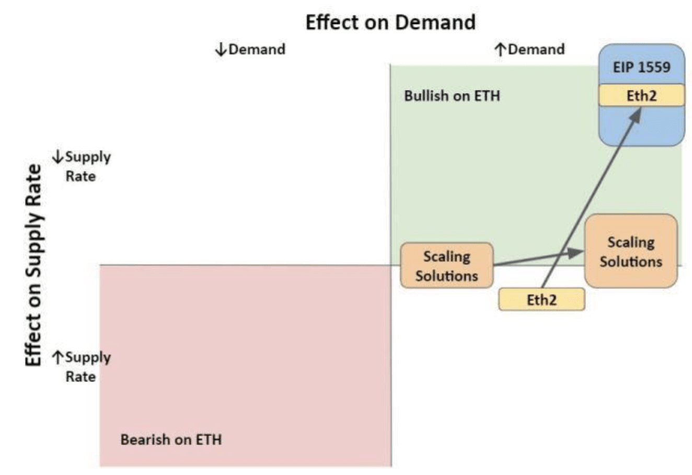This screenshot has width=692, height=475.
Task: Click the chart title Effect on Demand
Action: pos(390,22)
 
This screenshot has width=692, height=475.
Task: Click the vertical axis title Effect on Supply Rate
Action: pos(33,265)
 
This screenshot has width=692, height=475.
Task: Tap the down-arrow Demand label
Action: pos(250,50)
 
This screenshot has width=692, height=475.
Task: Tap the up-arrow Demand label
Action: pos(530,50)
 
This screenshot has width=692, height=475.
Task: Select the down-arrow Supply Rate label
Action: pos(82,166)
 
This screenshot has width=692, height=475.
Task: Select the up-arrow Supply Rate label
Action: pos(82,367)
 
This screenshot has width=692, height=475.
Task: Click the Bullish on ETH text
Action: pos(452,96)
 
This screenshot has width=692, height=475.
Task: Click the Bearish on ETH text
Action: pos(171,439)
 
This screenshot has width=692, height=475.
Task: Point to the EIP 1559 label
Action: pos(641,67)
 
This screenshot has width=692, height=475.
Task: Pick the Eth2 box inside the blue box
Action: pos(641,96)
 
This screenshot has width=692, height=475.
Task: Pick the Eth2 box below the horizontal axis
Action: pos(541,300)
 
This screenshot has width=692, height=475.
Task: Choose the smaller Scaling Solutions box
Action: pos(446,266)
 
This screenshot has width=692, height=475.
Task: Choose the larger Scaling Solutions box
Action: pos(631,252)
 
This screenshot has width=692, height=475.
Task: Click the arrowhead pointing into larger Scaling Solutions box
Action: pos(575,253)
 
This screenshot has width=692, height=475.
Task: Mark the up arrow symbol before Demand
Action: pos(500,50)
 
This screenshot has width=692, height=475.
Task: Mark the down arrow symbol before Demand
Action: pos(221,50)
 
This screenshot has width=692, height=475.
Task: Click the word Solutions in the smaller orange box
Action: pos(446,276)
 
